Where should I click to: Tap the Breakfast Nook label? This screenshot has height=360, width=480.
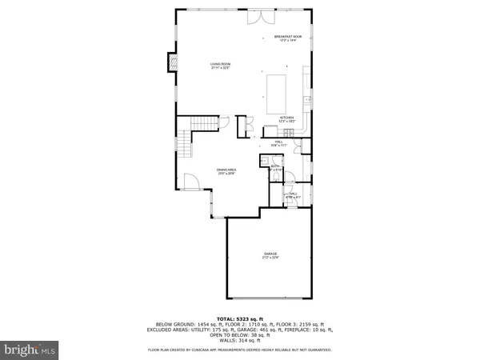[287, 38]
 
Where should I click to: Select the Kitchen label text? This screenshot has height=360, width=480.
[287, 119]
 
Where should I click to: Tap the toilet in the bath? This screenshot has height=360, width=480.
[263, 161]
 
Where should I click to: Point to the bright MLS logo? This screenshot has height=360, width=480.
[30, 349]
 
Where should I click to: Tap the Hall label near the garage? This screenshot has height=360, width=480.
[293, 194]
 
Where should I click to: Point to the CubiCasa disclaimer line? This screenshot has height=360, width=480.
[240, 350]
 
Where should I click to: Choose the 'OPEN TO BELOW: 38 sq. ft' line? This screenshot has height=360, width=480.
[240, 334]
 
